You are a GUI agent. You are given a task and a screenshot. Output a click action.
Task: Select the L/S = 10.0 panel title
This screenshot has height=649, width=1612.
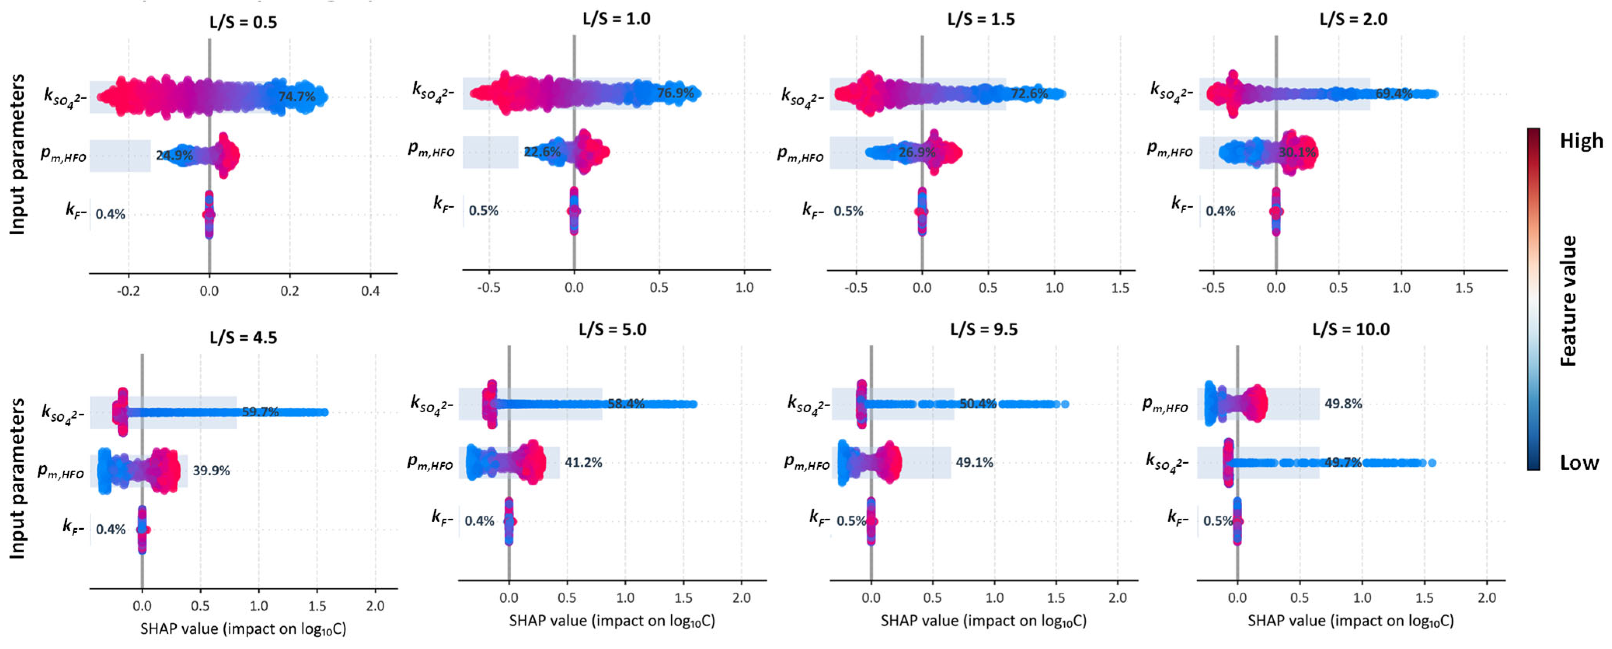tap(1351, 329)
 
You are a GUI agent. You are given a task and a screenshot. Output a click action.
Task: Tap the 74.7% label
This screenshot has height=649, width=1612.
tap(297, 96)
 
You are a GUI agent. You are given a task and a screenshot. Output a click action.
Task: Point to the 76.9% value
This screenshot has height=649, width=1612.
tap(675, 93)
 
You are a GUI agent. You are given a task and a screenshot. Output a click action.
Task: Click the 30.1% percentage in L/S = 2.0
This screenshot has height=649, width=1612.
tap(1297, 152)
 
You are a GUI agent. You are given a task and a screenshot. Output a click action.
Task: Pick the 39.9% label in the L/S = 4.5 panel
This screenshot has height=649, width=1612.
tap(211, 470)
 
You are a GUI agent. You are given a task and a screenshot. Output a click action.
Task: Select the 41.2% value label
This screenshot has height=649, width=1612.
tap(583, 462)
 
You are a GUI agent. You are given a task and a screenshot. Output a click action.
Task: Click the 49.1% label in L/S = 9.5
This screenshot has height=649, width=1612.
tap(974, 462)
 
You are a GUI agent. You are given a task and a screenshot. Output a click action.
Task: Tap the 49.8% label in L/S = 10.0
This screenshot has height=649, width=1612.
tap(1343, 404)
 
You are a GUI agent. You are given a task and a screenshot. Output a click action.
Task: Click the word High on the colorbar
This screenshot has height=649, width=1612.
tap(1581, 141)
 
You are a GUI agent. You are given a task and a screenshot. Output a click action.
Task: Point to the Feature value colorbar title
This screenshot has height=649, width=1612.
tap(1568, 300)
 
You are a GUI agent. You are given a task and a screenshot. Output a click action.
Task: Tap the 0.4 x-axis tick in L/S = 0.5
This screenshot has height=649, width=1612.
tap(371, 291)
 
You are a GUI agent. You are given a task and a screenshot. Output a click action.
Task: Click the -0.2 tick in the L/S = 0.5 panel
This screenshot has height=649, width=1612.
tap(128, 291)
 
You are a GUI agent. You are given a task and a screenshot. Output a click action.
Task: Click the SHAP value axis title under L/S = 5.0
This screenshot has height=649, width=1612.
tap(612, 621)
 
